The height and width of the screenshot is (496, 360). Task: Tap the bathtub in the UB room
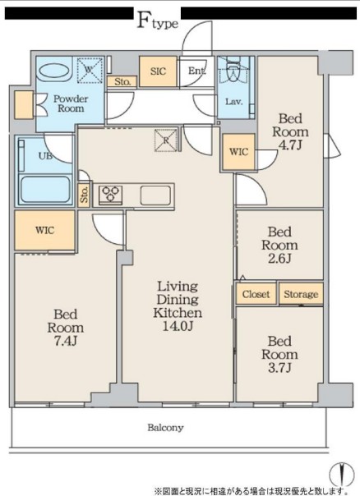point(44,189)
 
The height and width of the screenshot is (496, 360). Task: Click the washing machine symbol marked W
point(90,70)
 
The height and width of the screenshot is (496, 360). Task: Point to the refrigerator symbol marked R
point(166,140)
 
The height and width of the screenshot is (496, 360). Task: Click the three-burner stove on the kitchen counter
point(110,195)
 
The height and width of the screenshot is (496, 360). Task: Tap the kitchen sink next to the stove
point(156,195)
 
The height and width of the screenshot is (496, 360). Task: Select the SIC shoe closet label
point(158,71)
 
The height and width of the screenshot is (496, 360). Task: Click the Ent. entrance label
point(196,71)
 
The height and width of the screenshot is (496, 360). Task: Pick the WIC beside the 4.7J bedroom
point(238,152)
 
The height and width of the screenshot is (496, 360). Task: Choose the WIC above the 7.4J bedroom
point(45,230)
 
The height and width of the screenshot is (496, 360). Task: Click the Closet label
point(256,294)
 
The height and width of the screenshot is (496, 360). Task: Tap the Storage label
point(301,294)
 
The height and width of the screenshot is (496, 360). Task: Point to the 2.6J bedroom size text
point(279,259)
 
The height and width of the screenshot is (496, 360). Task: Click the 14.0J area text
point(178,326)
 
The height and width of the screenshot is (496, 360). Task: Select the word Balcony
point(165,428)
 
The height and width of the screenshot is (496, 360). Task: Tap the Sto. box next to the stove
point(84,195)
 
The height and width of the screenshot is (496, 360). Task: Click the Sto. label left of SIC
point(122,82)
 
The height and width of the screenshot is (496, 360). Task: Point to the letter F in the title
point(144,21)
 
